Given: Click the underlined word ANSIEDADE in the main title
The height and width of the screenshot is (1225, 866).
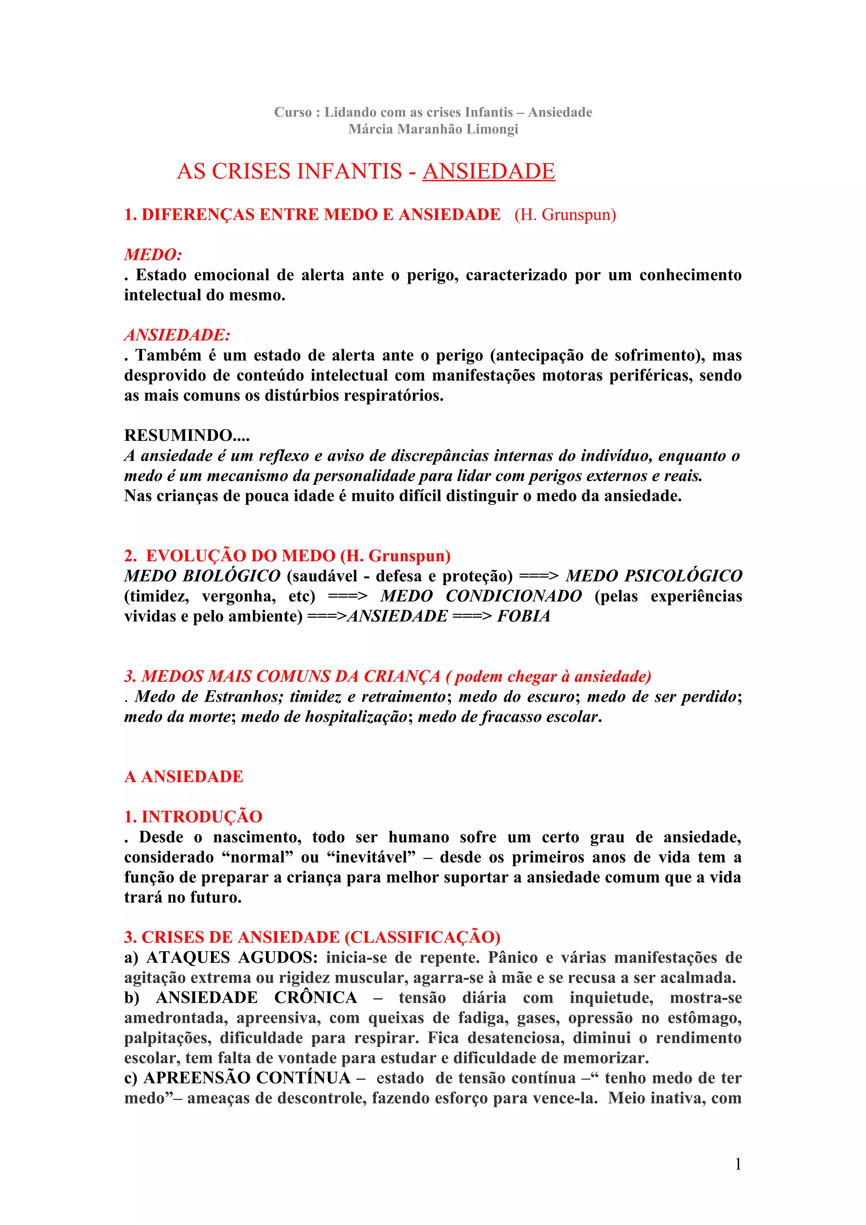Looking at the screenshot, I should [x=488, y=171].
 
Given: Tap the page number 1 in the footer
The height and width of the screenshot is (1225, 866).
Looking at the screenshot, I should [x=738, y=1164].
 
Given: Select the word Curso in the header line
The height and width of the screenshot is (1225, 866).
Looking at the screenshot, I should [x=292, y=112].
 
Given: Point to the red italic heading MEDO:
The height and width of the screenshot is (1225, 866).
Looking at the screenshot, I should [x=153, y=254].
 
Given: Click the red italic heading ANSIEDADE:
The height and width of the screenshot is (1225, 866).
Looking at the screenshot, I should [x=177, y=335].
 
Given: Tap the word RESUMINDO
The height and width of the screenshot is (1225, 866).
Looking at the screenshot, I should [x=178, y=435].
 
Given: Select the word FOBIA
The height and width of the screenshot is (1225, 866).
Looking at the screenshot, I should [x=523, y=616].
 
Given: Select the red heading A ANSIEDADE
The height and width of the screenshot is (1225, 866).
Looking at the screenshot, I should [x=184, y=776].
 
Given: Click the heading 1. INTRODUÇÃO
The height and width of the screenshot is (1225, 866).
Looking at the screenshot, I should [x=193, y=817].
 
